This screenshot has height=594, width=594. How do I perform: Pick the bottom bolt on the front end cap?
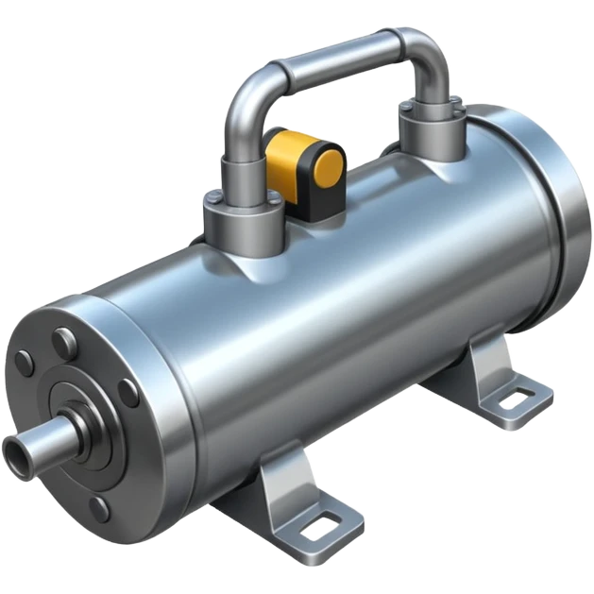click(98, 511)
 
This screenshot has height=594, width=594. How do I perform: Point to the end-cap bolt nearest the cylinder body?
click(129, 391)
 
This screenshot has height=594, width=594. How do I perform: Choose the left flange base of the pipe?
click(244, 223)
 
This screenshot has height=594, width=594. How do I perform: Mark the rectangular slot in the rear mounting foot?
click(516, 400)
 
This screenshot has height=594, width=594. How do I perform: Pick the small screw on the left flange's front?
click(215, 200)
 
